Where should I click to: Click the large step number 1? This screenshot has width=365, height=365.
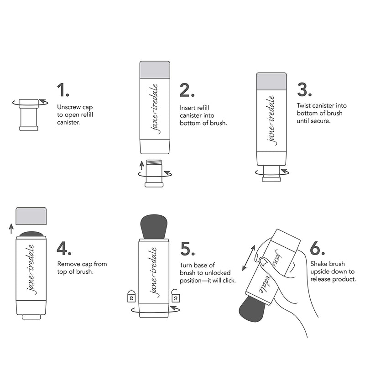63,89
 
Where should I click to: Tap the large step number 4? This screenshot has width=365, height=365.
64,248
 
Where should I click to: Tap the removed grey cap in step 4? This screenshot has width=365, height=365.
31,216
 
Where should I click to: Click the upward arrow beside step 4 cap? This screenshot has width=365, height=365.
11,228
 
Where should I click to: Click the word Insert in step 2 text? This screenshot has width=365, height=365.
187,108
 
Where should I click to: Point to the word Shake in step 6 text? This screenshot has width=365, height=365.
319,264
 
